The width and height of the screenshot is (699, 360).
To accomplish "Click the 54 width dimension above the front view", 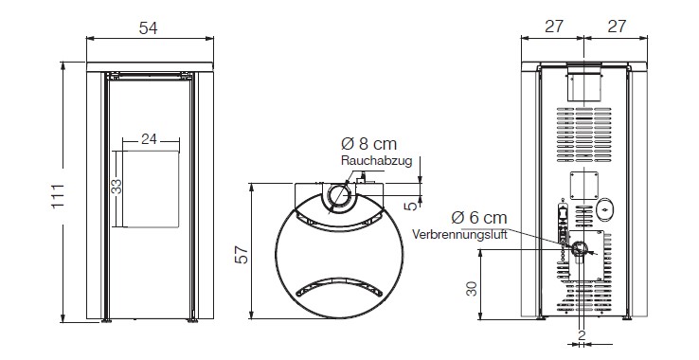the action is coord(148,28).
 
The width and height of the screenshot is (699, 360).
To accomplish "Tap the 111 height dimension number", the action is coord(58,196).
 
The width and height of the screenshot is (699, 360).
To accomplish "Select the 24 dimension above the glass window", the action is coord(149,139).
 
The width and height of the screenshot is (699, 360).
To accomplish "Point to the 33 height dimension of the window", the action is coord(116,186).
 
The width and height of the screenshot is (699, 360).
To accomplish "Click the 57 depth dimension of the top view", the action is coord(242,255).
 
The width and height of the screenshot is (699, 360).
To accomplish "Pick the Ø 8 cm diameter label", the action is coord(368,144).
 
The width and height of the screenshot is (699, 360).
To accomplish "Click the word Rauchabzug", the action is coord(377,161).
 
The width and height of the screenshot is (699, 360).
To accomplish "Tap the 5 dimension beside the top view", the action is coord(412,206).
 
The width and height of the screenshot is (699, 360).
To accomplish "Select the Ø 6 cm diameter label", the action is coord(479,218).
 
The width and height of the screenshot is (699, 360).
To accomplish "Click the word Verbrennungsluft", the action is coord(459,234).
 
